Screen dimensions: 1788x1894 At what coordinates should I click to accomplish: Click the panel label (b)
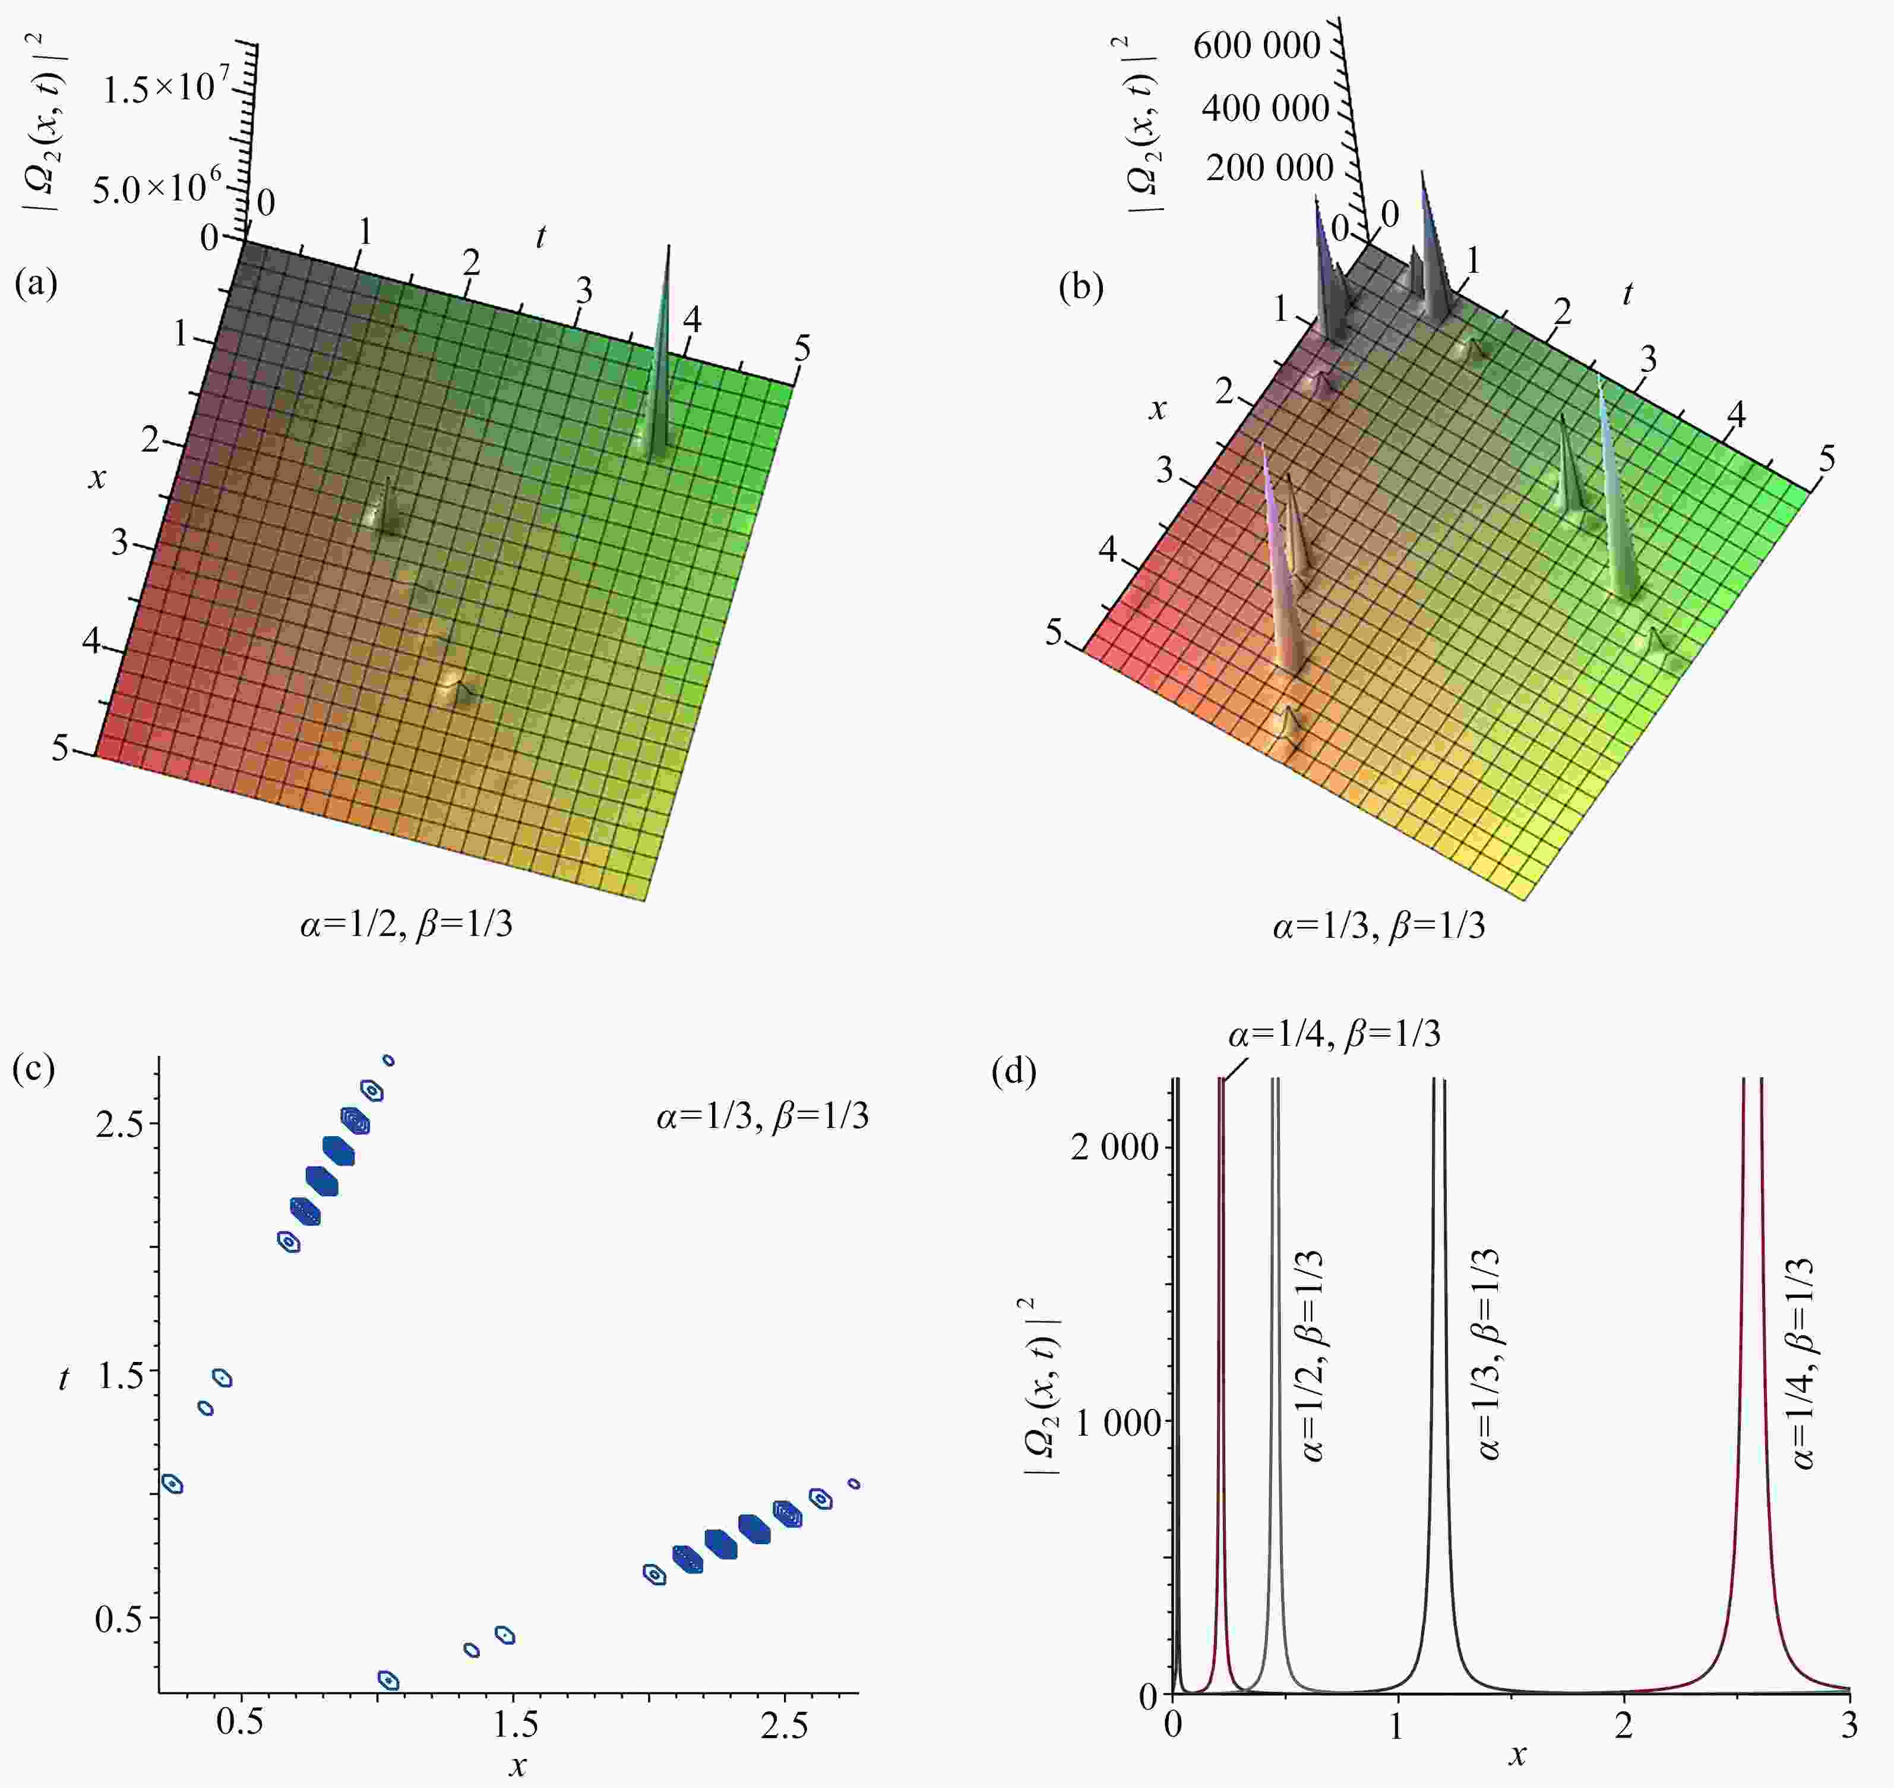pyautogui.click(x=1082, y=288)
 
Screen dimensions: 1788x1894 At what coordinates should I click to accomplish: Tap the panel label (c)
pyautogui.click(x=34, y=1070)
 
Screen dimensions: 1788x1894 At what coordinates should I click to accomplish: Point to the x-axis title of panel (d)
pyautogui.click(x=1517, y=1755)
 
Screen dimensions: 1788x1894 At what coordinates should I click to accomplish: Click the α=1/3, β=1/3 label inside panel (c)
pyautogui.click(x=762, y=1116)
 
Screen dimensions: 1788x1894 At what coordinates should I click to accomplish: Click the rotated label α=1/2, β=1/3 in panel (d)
pyautogui.click(x=1312, y=1356)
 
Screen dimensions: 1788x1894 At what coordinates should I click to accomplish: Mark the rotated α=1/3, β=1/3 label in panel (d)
pyautogui.click(x=1488, y=1354)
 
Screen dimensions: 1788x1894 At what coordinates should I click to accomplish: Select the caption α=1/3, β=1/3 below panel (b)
pyautogui.click(x=1378, y=925)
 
